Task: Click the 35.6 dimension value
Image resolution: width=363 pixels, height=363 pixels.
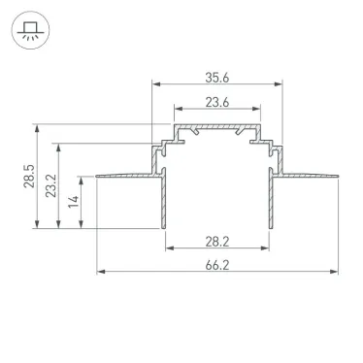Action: tap(217, 78)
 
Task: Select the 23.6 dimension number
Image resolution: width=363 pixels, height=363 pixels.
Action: tap(217, 102)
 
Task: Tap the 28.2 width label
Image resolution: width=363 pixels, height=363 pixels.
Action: tap(217, 242)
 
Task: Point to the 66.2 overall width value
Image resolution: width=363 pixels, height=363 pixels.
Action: tap(217, 265)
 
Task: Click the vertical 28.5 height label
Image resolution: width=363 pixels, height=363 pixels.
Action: tap(28, 176)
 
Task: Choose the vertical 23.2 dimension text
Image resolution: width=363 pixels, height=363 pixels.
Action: tap(50, 185)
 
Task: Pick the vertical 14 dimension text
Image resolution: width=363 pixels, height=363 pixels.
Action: tap(74, 202)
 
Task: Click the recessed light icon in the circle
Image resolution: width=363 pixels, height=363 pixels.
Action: tap(30, 30)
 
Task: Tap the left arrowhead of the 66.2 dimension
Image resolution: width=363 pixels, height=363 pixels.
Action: tap(101, 272)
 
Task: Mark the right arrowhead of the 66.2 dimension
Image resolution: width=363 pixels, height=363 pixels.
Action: tap(334, 272)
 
